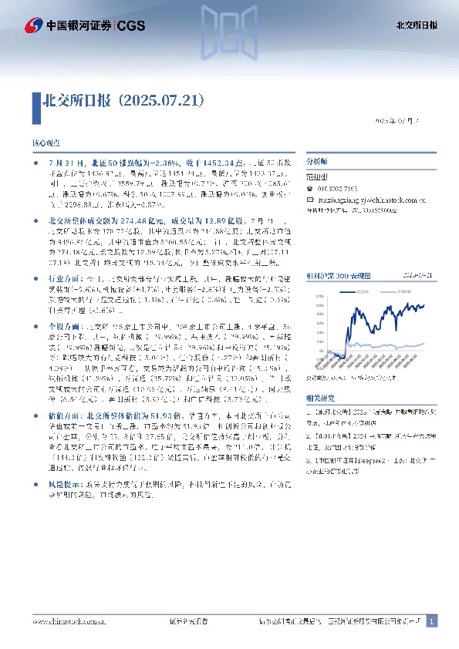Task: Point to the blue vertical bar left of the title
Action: pos(35,101)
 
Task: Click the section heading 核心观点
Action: pos(45,144)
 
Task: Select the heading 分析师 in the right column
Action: pos(316,163)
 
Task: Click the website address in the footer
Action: pos(69,620)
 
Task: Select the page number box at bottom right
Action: pos(432,620)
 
